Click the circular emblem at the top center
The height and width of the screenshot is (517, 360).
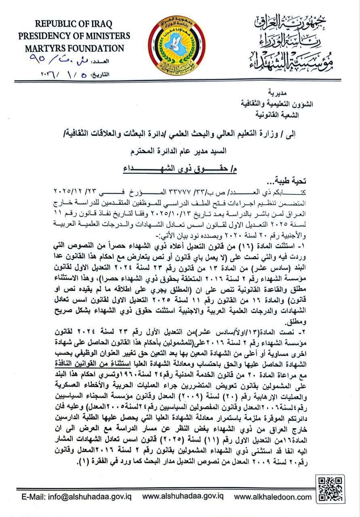point(177,43)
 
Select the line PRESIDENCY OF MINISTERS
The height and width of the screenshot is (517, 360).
point(74,36)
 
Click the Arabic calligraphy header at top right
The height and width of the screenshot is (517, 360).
point(289,42)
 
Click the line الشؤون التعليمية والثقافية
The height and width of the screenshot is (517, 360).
point(298,103)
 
